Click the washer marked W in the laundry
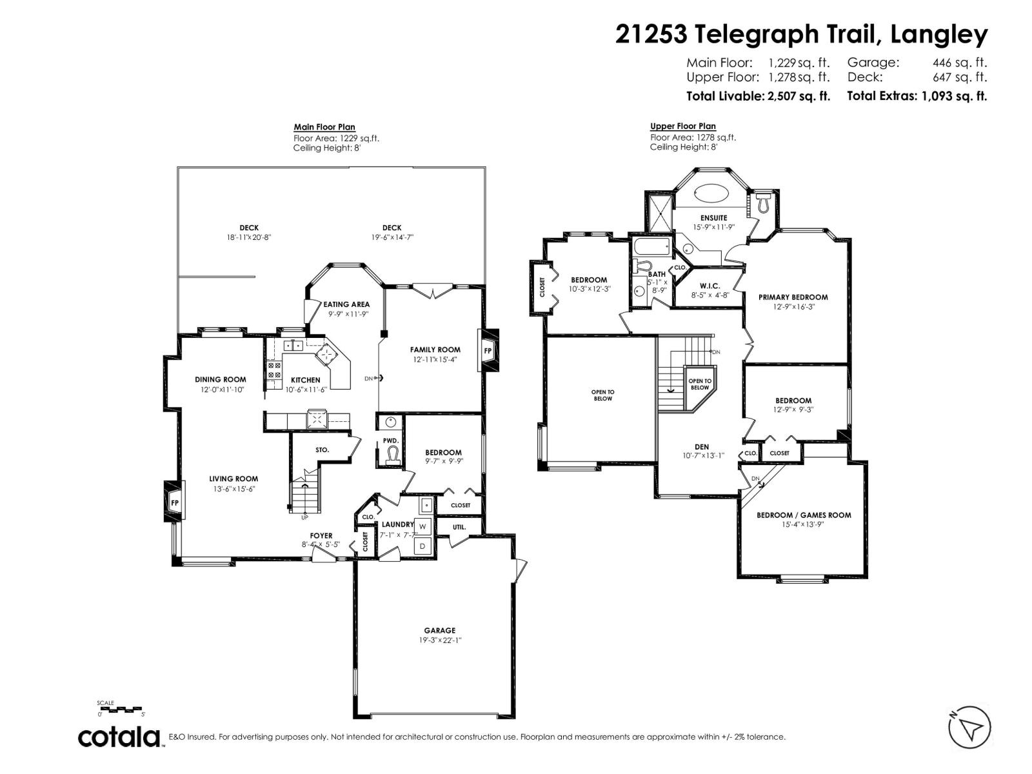(x=423, y=526)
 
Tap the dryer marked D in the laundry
(x=423, y=546)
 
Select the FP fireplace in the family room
(x=488, y=351)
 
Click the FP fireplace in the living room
(x=174, y=502)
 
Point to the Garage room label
(x=439, y=630)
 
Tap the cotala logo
(x=119, y=737)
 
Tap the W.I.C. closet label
(x=709, y=286)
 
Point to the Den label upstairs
(x=702, y=446)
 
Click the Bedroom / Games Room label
(x=804, y=515)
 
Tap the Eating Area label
(x=346, y=304)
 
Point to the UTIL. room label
(x=459, y=527)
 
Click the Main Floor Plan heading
(x=324, y=127)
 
